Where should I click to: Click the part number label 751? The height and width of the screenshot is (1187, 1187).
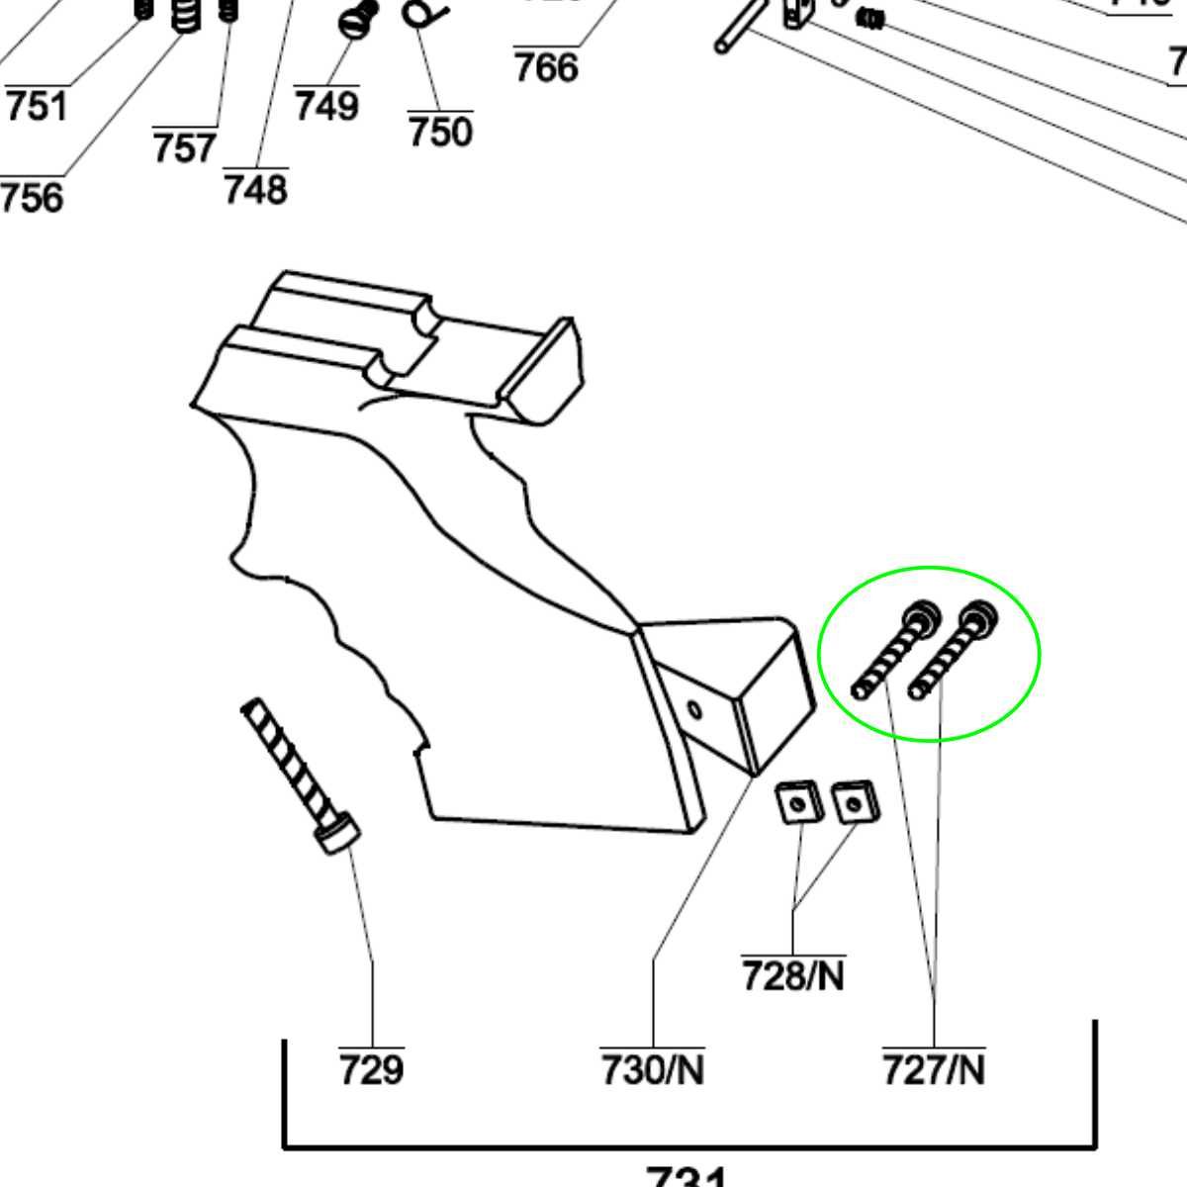click(38, 106)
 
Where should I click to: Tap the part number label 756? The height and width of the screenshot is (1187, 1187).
click(32, 197)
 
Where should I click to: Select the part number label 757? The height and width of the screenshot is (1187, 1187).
click(185, 148)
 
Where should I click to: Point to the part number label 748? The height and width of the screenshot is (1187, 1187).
click(256, 188)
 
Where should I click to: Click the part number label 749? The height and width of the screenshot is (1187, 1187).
click(326, 105)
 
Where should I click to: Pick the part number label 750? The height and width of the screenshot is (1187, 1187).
click(440, 132)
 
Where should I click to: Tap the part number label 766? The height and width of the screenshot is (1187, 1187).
click(546, 67)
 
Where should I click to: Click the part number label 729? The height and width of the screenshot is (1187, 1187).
click(372, 1069)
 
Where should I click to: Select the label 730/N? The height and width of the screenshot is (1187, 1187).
click(653, 1069)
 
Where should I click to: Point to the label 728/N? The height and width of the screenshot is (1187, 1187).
click(793, 977)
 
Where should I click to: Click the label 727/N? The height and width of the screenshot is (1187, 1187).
click(934, 1069)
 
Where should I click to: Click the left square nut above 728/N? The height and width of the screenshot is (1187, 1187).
click(797, 802)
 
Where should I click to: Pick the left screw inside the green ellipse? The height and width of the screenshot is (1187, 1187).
click(894, 650)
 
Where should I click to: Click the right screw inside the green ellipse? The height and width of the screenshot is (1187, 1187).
click(952, 650)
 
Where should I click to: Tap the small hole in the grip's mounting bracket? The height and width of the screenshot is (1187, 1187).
click(694, 709)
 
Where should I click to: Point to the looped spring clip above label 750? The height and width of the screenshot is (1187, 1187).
click(424, 13)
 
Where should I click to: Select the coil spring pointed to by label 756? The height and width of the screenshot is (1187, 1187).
click(186, 14)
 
